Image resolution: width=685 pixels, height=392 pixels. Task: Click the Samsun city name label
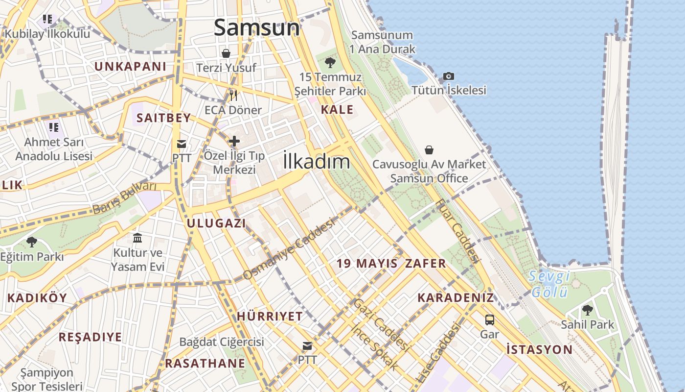tap(257, 27)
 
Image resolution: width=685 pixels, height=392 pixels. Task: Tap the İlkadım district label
tap(317, 162)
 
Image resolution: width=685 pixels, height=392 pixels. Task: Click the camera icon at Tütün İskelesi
tap(448, 76)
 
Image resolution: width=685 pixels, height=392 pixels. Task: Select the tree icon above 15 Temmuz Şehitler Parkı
tap(330, 62)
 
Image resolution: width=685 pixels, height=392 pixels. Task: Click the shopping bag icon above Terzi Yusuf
tap(226, 53)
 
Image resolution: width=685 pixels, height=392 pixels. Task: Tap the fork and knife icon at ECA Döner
tap(233, 95)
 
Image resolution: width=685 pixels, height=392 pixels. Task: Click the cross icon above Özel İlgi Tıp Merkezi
tap(234, 141)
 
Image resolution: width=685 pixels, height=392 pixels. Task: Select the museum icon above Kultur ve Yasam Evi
tap(137, 238)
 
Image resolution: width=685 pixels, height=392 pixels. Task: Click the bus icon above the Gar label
tap(489, 320)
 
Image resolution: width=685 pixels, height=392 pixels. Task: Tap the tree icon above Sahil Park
tap(587, 310)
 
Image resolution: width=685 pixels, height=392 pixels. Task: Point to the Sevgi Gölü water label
tap(549, 284)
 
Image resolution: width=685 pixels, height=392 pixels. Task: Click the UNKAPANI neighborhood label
tap(130, 67)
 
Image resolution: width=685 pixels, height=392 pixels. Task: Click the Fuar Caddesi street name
tap(456, 230)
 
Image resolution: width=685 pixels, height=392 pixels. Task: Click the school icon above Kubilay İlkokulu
tap(47, 20)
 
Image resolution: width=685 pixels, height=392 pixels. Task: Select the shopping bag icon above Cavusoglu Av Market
tap(429, 149)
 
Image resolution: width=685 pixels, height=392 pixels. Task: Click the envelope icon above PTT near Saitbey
tap(182, 144)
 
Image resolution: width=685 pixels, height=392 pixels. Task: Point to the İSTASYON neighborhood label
tap(539, 350)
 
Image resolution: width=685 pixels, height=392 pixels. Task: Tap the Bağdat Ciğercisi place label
tap(222, 342)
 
